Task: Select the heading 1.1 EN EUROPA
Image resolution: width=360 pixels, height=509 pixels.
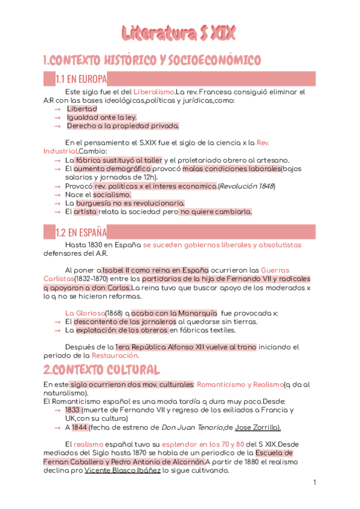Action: [x=81, y=79]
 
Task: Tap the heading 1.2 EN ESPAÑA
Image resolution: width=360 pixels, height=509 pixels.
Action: [x=81, y=232]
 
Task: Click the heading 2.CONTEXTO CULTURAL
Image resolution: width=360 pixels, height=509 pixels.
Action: [x=101, y=369]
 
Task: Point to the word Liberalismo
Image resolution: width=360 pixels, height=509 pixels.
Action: [x=154, y=92]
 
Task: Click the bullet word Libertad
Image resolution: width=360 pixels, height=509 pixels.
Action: [x=82, y=109]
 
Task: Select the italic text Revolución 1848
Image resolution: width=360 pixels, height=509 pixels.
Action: [x=246, y=186]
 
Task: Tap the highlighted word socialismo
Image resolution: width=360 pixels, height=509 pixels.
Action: [x=112, y=194]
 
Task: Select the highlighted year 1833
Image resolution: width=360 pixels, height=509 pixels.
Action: [x=72, y=410]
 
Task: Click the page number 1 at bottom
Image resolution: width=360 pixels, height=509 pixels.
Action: [x=314, y=483]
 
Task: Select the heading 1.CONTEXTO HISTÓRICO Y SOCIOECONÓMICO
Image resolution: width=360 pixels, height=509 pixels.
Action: [x=152, y=60]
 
